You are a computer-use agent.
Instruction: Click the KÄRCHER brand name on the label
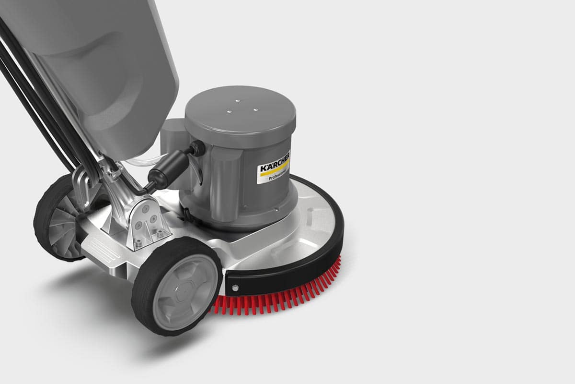(275, 162)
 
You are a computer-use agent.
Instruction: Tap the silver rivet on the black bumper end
(234, 288)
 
